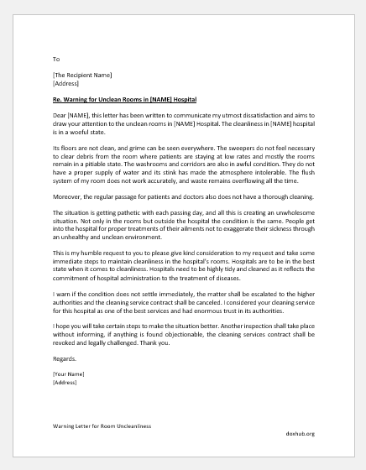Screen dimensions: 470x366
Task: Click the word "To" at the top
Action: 56,60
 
